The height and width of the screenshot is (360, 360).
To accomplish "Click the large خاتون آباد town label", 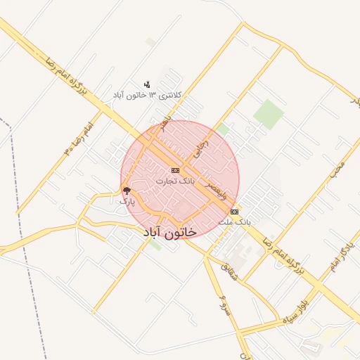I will (x=169, y=231).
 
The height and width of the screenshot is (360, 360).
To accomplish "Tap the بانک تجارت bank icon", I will (x=175, y=170).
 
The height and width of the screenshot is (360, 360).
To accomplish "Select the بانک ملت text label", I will (x=234, y=221).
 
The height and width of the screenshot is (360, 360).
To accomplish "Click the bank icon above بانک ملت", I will (x=234, y=212).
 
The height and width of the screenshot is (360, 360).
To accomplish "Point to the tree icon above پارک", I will (x=127, y=191).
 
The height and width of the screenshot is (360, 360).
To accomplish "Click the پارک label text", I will (x=127, y=201).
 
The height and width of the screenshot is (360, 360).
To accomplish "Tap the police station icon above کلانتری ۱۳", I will (x=146, y=84).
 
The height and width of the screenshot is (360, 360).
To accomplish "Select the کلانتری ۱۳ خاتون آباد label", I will (x=148, y=94).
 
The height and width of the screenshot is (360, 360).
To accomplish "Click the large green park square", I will (x=268, y=114).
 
